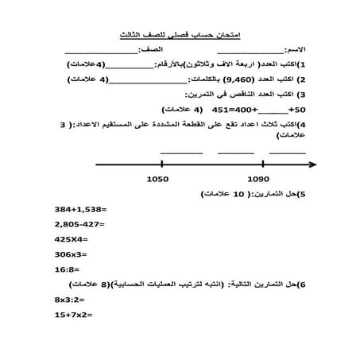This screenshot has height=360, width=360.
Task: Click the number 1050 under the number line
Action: [x=158, y=180]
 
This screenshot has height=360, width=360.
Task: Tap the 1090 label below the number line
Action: [x=257, y=180]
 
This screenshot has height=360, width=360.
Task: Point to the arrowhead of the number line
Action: [x=312, y=165]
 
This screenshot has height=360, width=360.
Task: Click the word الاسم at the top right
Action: [x=306, y=50]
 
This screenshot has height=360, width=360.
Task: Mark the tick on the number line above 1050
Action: [x=158, y=165]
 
